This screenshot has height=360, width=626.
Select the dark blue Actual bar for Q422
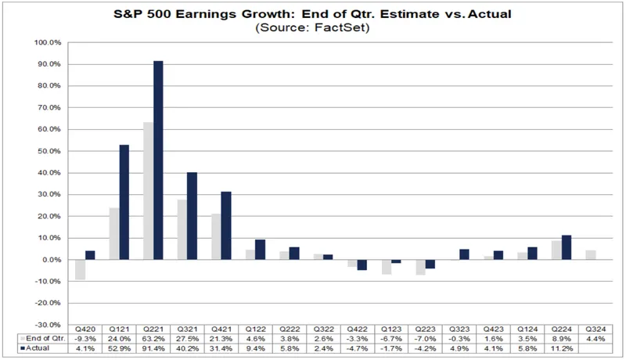[361, 265]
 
